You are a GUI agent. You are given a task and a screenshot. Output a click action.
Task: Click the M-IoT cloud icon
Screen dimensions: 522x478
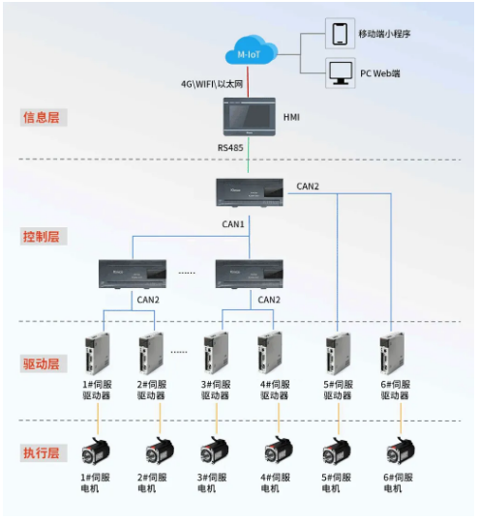pos(249,52)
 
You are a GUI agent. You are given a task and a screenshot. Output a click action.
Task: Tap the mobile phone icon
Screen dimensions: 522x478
pos(340,35)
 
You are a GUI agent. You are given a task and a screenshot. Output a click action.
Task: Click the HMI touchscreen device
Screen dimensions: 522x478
pos(249,116)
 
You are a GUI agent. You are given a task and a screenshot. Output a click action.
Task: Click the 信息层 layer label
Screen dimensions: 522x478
pos(43,117)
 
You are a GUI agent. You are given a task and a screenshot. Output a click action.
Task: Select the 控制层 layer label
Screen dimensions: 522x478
pos(43,236)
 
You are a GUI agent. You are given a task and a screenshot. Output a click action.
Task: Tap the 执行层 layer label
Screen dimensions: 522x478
pos(43,452)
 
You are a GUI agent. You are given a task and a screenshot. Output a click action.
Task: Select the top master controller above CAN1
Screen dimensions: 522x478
pos(249,191)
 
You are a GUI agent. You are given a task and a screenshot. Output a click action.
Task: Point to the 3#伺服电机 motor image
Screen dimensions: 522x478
pos(212,452)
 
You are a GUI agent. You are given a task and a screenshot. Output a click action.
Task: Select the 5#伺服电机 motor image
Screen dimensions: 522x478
pos(338,452)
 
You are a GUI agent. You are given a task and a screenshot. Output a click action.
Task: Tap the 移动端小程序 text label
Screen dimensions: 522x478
pos(385,34)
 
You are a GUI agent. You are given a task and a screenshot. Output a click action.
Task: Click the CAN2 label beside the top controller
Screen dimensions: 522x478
pos(308,185)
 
